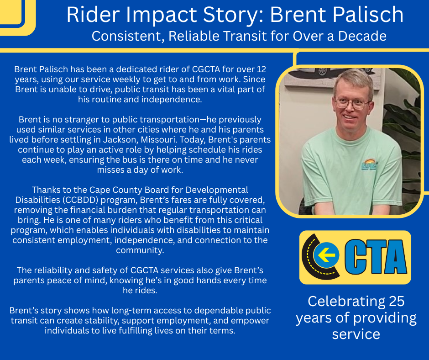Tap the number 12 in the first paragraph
click(x=261, y=69)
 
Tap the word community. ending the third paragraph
click(x=140, y=250)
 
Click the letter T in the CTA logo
click(x=369, y=257)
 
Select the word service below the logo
click(x=356, y=334)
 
